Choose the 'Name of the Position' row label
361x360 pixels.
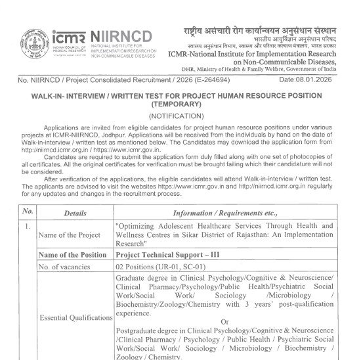[74, 254]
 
